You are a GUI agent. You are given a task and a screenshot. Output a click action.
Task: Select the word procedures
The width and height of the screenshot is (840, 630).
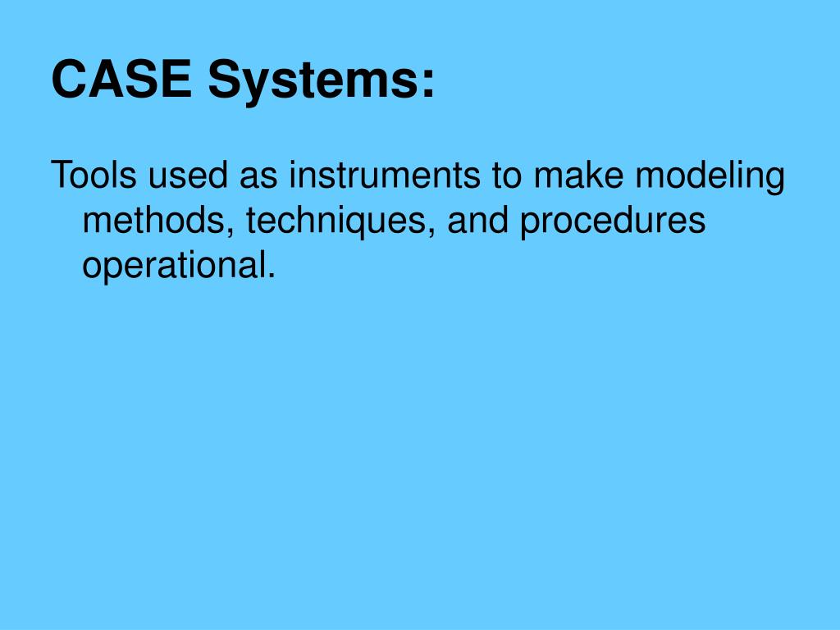[x=612, y=221]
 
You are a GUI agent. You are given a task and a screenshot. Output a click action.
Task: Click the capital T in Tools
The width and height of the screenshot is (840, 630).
[x=59, y=176]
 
